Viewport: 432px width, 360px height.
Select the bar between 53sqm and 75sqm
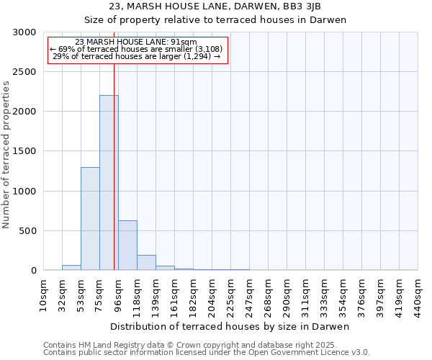click(90, 219)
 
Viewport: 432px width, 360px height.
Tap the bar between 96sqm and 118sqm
click(127, 246)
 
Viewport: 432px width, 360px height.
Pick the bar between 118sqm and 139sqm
click(146, 263)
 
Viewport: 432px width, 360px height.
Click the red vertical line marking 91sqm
click(114, 158)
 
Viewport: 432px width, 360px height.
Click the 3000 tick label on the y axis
click(24, 32)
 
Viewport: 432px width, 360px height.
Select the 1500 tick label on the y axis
click(24, 152)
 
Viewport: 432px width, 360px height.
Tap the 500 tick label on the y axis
click(27, 231)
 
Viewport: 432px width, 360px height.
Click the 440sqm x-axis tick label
click(418, 295)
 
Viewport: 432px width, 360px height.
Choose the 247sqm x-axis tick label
click(250, 295)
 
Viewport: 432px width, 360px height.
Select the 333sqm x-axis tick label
click(325, 295)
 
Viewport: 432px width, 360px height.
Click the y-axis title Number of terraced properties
click(7, 155)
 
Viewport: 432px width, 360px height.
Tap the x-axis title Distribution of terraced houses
click(230, 327)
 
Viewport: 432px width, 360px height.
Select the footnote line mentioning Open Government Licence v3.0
click(207, 353)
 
